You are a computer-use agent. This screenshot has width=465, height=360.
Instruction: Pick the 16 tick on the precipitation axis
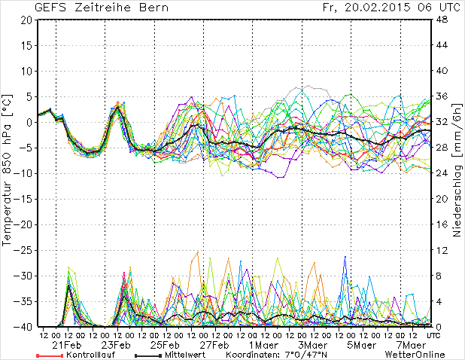click(445, 224)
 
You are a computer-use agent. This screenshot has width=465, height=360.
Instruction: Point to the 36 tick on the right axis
click(445, 96)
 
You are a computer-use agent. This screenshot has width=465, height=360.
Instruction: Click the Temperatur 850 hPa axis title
click(8, 173)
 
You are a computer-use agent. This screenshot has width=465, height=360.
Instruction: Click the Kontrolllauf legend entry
click(89, 354)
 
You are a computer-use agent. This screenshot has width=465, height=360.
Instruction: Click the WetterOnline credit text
click(415, 354)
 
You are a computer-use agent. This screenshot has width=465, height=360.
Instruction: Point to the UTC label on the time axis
click(434, 334)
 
